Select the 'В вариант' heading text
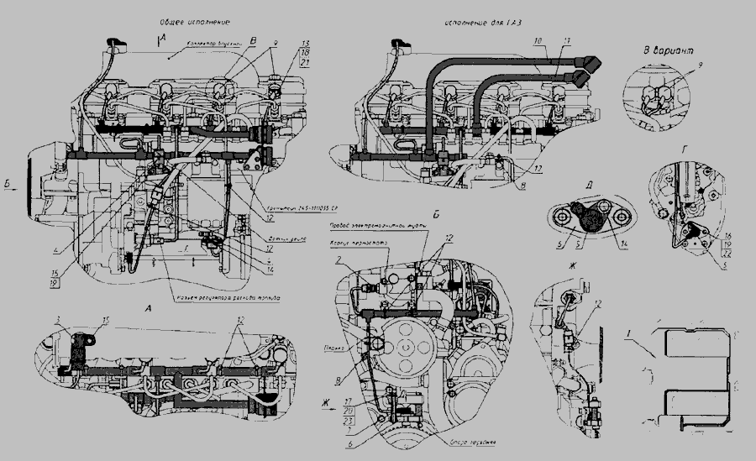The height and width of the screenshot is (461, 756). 669,51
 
